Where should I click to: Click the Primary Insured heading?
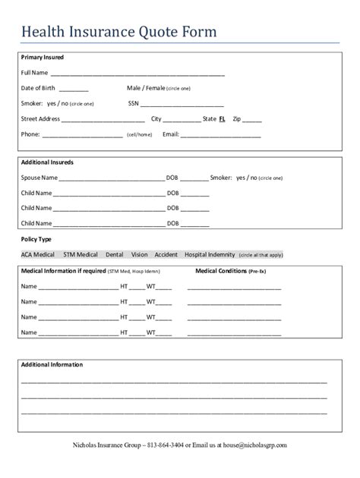tap(43, 58)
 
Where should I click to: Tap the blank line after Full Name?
tap(137, 74)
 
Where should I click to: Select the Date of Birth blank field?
tap(73, 89)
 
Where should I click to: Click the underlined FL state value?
tap(223, 119)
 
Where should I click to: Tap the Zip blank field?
tap(253, 119)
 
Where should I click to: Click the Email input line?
tap(220, 135)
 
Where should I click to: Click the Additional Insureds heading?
tap(47, 162)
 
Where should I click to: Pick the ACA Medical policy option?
tap(38, 255)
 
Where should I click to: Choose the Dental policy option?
tap(115, 255)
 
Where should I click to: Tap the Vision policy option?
tap(139, 255)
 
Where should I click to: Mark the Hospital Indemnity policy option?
tap(210, 255)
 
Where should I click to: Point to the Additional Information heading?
tap(52, 365)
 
